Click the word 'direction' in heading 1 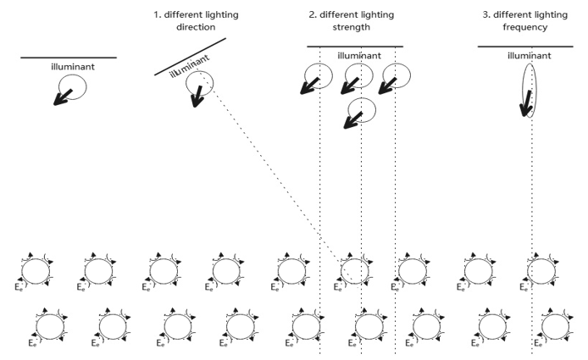point(191,27)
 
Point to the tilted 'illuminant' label point(189,64)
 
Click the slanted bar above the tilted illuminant point(190,56)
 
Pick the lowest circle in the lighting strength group point(362,109)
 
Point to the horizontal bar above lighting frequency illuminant point(513,47)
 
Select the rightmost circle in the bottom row point(556,325)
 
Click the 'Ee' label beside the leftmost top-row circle point(19,289)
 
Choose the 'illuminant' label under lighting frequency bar point(527,56)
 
